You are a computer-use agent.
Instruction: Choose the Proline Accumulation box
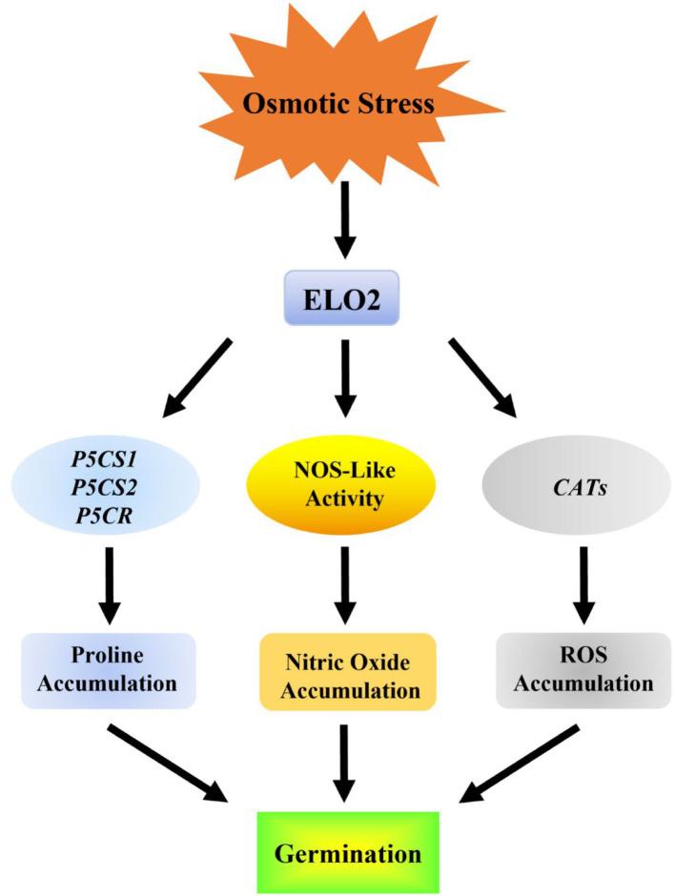tap(109, 670)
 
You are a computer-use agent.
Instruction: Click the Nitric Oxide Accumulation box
tap(347, 670)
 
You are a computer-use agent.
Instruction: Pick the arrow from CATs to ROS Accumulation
tap(582, 583)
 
